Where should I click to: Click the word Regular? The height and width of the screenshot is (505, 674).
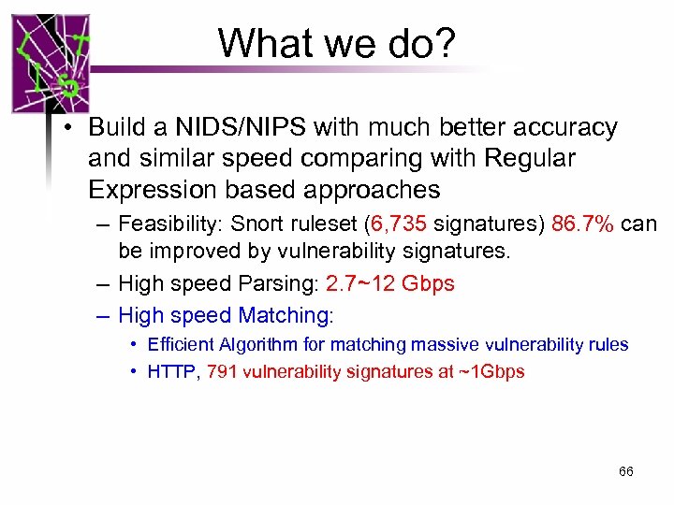(x=530, y=159)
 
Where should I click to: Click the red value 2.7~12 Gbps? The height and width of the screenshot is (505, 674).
(x=389, y=283)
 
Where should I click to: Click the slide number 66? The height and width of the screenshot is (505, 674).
(x=626, y=471)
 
